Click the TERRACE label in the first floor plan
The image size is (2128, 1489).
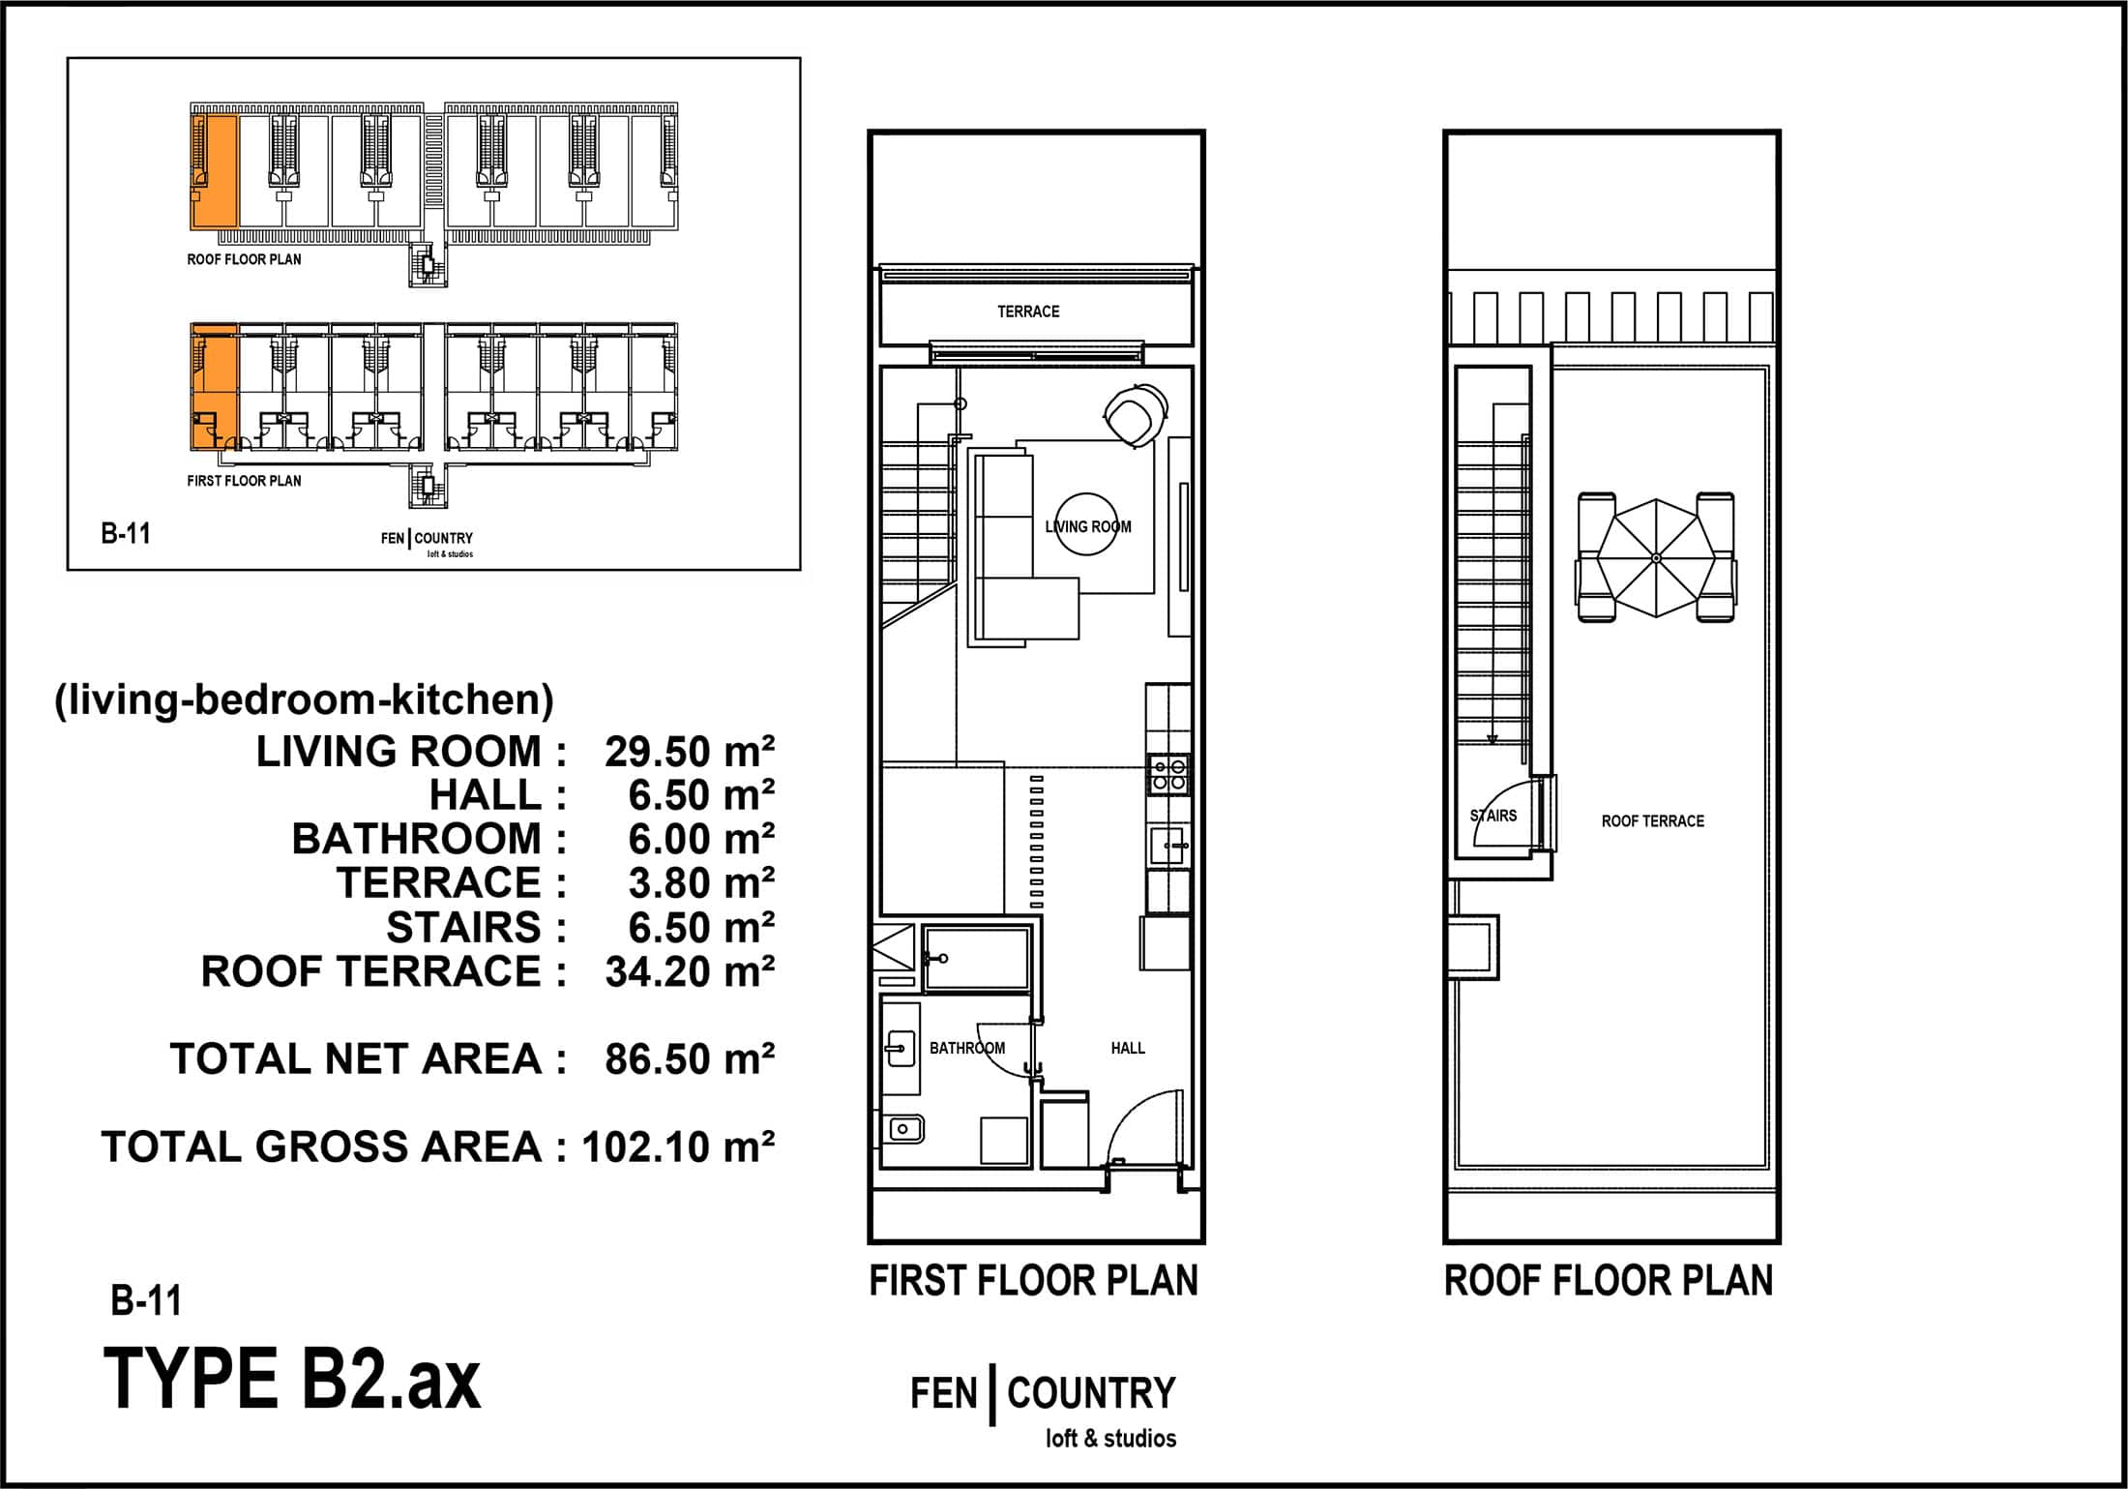1028,312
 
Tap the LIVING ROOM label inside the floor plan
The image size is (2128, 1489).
1087,527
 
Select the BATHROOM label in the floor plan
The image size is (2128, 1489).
966,1048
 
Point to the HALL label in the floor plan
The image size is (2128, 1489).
1128,1048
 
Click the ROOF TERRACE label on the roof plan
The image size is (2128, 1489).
1652,821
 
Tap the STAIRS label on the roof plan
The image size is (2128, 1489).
1493,816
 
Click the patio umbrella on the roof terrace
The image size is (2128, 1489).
1655,558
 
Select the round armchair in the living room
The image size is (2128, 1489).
1135,415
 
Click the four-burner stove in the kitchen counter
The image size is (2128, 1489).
1168,775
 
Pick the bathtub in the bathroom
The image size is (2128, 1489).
976,959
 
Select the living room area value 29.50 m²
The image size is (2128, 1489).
690,752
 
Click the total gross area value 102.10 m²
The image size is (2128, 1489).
678,1147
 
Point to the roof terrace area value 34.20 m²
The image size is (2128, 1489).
690,971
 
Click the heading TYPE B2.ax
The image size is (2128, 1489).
291,1380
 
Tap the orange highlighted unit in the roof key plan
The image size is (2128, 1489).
214,171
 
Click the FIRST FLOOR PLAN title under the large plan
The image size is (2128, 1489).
1033,1281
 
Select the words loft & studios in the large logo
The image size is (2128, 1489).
1110,1439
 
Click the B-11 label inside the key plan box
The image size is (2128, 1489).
126,534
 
